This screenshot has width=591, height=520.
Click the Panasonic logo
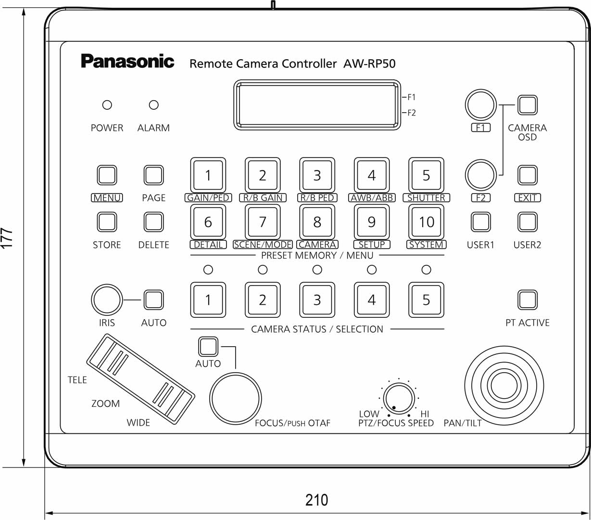point(127,62)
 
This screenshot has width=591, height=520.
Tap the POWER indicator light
point(107,104)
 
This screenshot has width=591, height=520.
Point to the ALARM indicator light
point(153,104)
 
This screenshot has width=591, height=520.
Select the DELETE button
point(153,222)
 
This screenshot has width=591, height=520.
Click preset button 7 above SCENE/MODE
point(263,222)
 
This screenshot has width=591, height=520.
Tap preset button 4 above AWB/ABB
point(372,175)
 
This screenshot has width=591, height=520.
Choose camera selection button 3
point(317,300)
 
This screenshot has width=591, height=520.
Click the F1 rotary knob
point(480,105)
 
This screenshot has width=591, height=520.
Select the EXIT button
point(528,175)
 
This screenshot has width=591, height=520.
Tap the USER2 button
point(528,222)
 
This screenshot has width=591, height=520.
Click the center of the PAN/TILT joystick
point(504,385)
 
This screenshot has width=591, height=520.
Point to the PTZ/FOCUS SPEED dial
point(399,399)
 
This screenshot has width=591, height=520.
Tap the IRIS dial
point(107,300)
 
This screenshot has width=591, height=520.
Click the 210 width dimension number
point(316,500)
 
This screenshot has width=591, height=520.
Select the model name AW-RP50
point(369,64)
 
